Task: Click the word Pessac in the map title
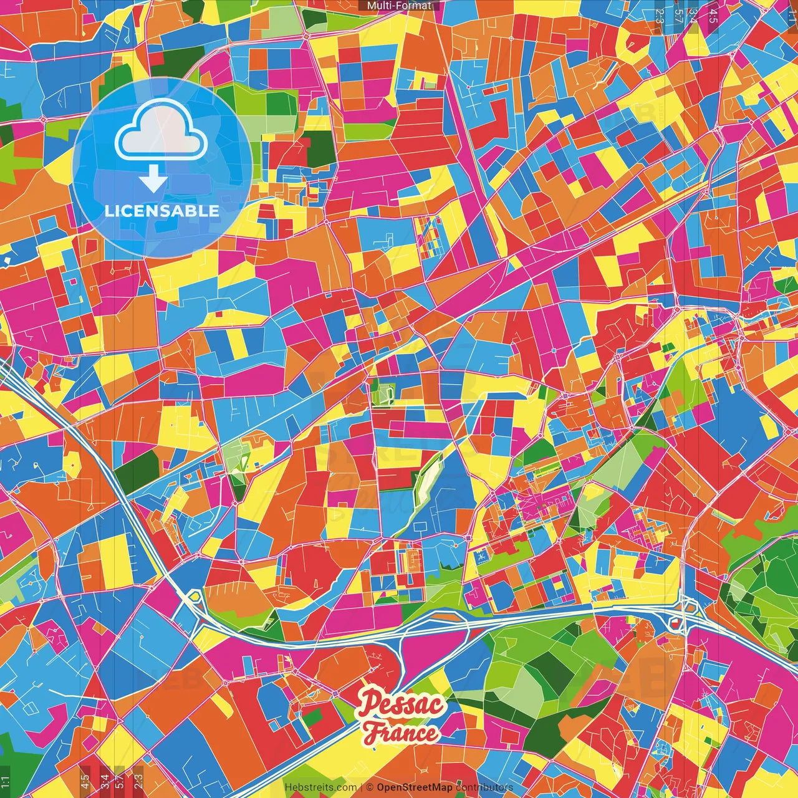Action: pyautogui.click(x=401, y=705)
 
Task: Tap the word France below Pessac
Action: pyautogui.click(x=401, y=733)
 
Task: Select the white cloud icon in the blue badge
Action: pyautogui.click(x=162, y=130)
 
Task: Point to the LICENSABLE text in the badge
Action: pyautogui.click(x=162, y=211)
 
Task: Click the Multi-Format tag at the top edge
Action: pyautogui.click(x=399, y=6)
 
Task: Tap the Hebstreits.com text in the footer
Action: pyautogui.click(x=320, y=787)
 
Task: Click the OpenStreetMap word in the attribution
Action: pyautogui.click(x=415, y=787)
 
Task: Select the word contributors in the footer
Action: pyautogui.click(x=484, y=787)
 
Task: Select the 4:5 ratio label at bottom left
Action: pyautogui.click(x=85, y=779)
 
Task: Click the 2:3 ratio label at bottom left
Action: pyautogui.click(x=138, y=779)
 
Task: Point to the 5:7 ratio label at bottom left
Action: pyautogui.click(x=120, y=779)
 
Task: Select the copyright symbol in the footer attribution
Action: pyautogui.click(x=369, y=787)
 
